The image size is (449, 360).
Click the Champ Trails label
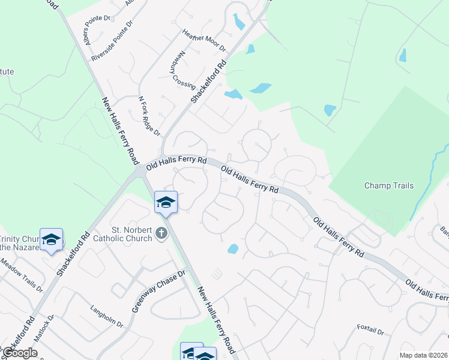[389, 186]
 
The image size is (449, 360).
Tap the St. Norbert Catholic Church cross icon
[161, 233]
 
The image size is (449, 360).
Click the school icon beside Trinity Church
[52, 239]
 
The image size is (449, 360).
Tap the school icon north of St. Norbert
[166, 202]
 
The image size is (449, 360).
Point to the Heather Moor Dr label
[203, 40]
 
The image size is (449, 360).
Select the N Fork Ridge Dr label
[149, 115]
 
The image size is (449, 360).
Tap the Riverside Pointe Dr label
[112, 42]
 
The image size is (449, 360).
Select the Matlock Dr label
[44, 329]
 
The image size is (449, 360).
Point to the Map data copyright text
[423, 355]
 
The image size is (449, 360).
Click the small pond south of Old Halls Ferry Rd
[233, 248]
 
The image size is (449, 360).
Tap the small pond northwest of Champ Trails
[330, 110]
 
